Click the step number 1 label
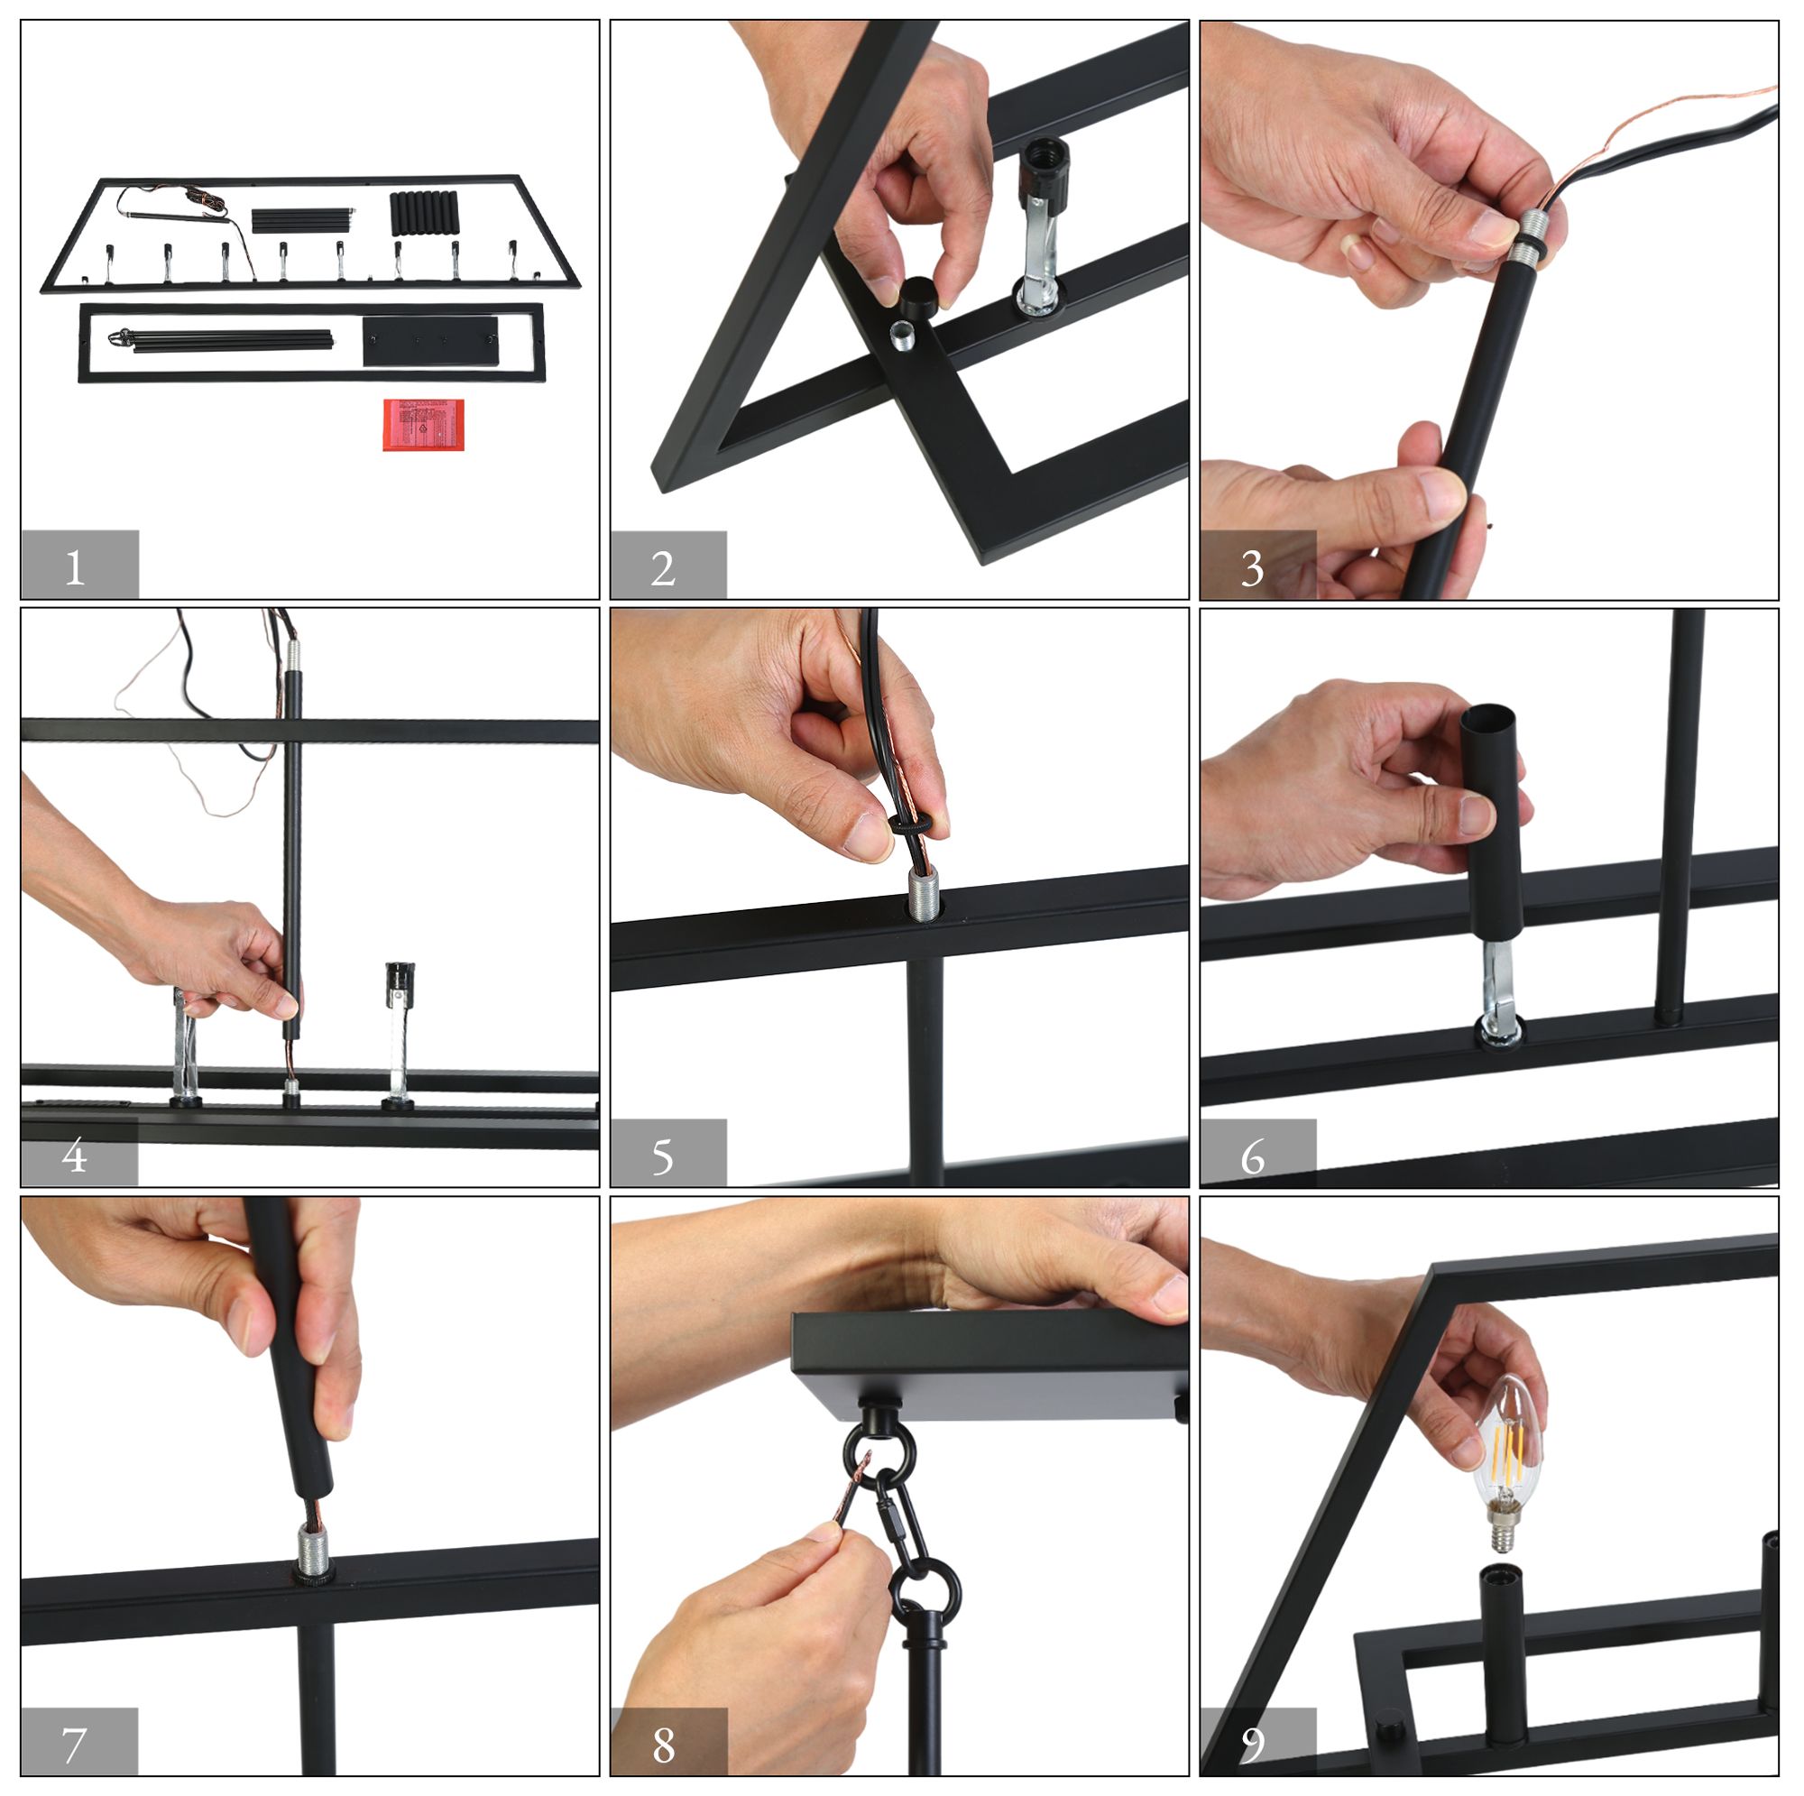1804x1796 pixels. [x=76, y=566]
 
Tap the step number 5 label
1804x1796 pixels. [x=663, y=1157]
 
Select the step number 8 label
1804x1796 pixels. [x=664, y=1745]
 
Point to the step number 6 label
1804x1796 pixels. [x=1253, y=1157]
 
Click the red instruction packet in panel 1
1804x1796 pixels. [x=424, y=425]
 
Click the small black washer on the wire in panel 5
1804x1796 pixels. [x=910, y=824]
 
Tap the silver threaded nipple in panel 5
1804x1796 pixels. [x=923, y=894]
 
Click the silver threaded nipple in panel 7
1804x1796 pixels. [x=312, y=1552]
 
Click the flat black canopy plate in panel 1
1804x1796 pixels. [x=430, y=342]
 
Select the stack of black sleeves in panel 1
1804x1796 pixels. [x=424, y=214]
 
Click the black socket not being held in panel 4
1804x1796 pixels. [x=400, y=984]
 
